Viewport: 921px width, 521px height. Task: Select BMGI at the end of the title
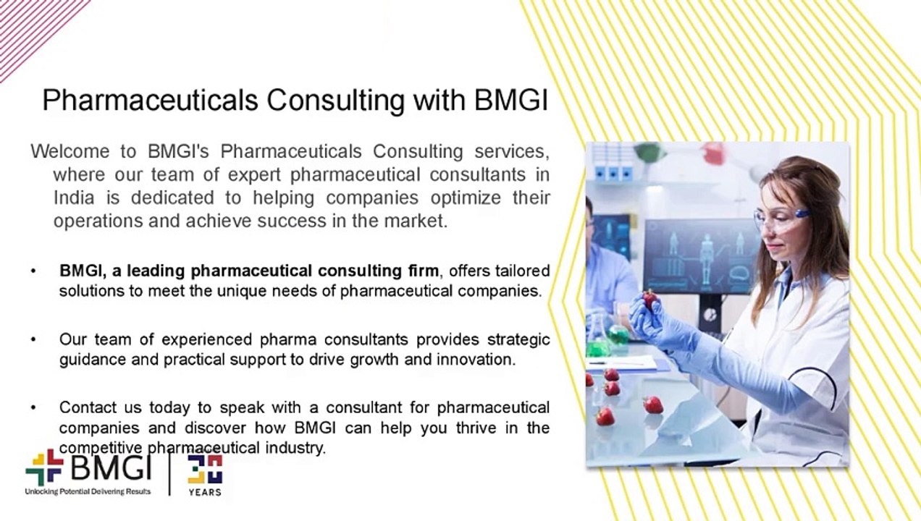(x=511, y=101)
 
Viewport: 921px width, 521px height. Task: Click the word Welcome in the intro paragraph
(x=70, y=152)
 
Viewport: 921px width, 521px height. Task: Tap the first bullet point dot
(x=33, y=271)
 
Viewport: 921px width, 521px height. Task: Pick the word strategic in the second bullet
(x=518, y=339)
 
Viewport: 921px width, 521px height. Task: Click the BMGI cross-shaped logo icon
(x=44, y=467)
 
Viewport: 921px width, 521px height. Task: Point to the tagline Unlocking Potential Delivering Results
(x=88, y=491)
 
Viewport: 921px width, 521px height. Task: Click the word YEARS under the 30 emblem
(x=205, y=492)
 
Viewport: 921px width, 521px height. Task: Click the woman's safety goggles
(x=780, y=216)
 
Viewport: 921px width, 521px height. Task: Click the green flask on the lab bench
(x=618, y=334)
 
